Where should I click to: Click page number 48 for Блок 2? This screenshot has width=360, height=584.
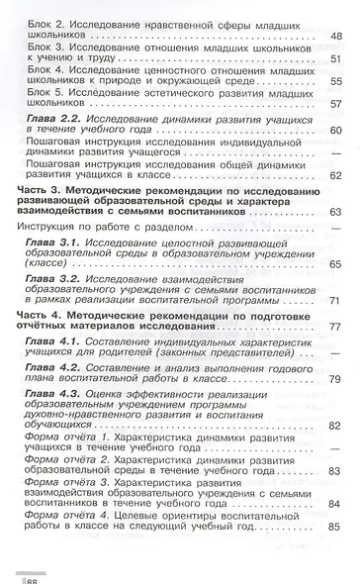coord(337,35)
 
